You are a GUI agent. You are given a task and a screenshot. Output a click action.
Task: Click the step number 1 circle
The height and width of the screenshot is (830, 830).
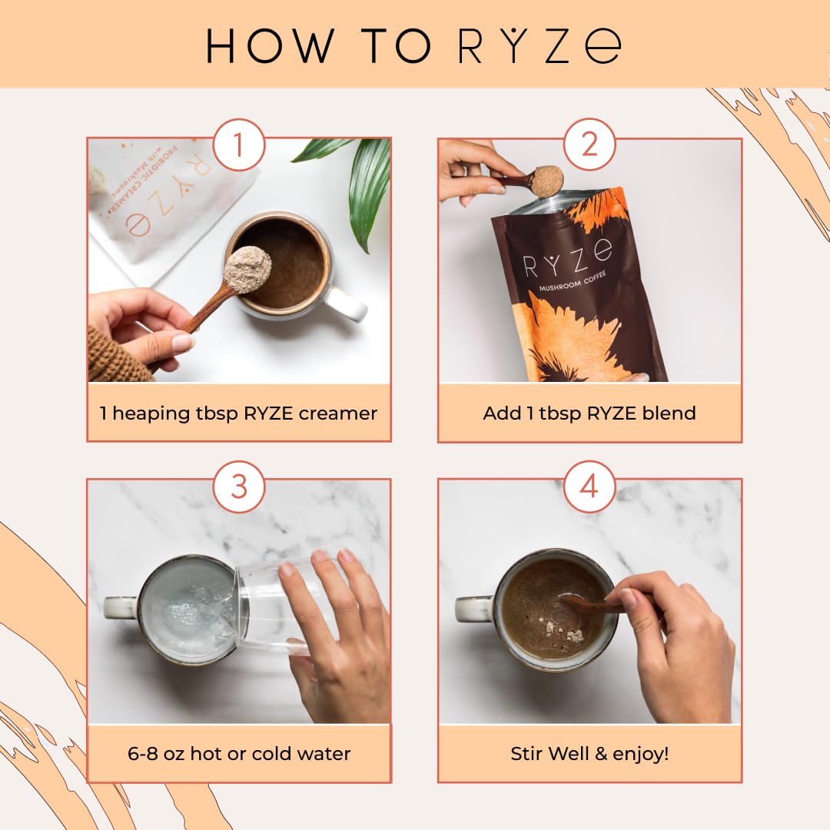click(x=238, y=144)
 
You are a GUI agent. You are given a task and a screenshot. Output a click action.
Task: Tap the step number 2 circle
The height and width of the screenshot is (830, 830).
click(x=589, y=144)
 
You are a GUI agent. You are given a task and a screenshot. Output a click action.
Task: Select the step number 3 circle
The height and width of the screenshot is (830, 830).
click(x=238, y=486)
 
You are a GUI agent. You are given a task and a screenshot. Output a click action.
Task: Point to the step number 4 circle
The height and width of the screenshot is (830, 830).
click(x=589, y=486)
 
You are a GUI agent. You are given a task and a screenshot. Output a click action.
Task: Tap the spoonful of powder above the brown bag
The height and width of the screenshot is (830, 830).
click(x=547, y=181)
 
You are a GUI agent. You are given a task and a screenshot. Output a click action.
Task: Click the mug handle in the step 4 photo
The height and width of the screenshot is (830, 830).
click(x=470, y=609)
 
